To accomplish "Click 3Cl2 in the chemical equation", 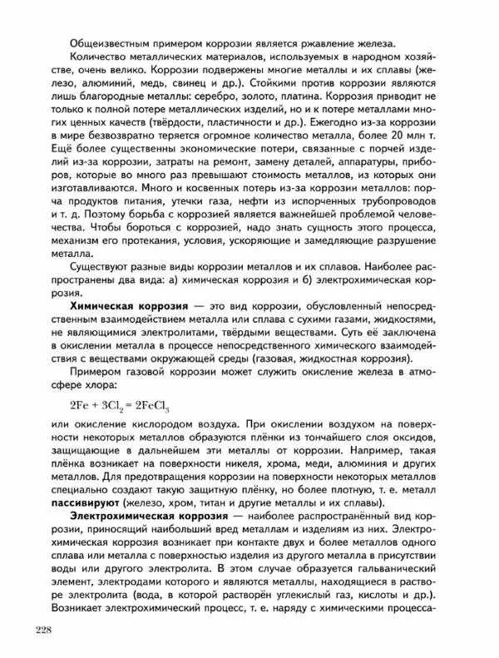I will tap(108, 407).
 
